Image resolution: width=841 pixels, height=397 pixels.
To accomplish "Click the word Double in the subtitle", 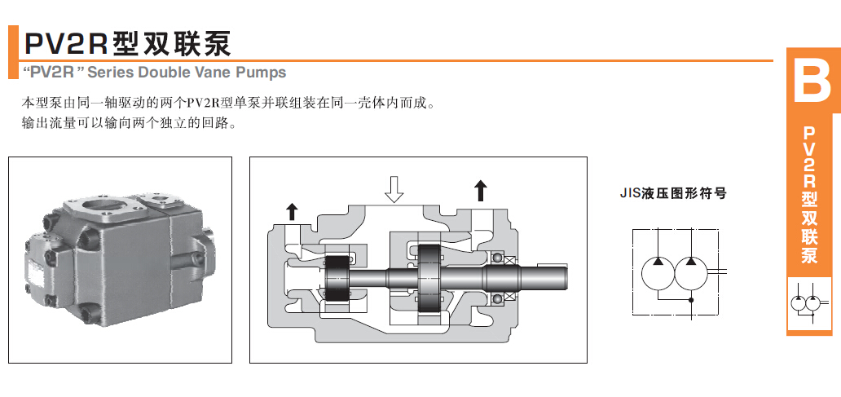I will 163,73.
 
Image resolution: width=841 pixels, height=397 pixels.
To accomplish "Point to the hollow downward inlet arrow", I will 394,188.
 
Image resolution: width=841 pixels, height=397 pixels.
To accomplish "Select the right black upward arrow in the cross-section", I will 481,191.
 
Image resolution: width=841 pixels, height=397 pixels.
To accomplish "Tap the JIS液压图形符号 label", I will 672,194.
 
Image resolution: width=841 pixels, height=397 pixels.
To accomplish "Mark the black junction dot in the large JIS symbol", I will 691,301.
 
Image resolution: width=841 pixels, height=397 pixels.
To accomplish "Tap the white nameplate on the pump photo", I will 37,273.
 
